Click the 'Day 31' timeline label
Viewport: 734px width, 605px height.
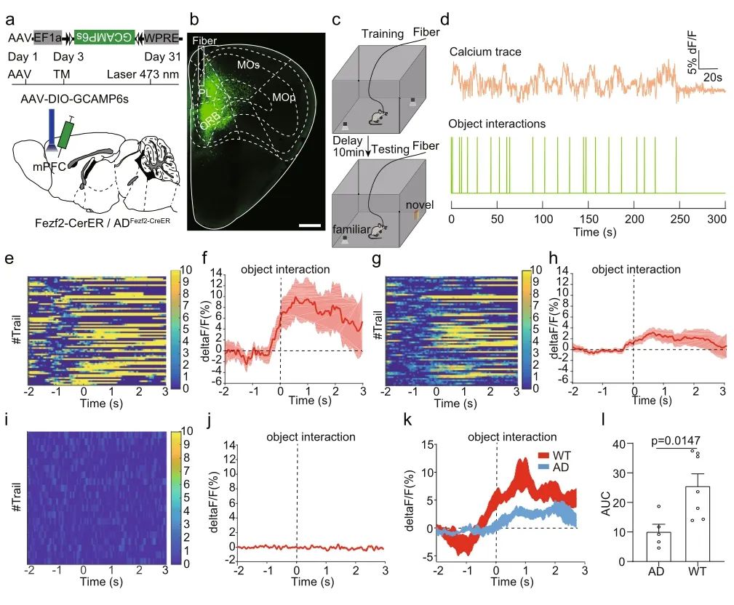pos(160,57)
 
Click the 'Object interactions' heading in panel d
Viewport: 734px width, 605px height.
pos(497,124)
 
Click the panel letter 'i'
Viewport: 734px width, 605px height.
pos(7,420)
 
